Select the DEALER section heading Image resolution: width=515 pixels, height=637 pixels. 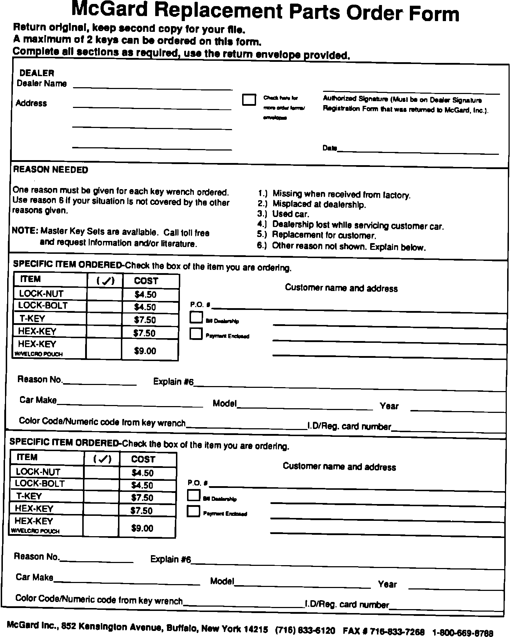(x=37, y=73)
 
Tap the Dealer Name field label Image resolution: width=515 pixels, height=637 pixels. (x=42, y=84)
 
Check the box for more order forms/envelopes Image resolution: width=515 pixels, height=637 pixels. (x=249, y=100)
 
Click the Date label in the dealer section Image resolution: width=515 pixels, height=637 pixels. (x=329, y=148)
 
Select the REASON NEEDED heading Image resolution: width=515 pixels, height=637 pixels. (x=50, y=170)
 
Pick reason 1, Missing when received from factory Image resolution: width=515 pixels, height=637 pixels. (x=341, y=194)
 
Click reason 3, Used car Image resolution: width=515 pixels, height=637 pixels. (x=290, y=214)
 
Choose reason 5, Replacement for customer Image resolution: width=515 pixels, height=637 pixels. (x=324, y=235)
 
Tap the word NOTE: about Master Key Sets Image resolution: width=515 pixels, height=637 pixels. (x=25, y=231)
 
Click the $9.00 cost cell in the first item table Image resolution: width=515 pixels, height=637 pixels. (x=145, y=351)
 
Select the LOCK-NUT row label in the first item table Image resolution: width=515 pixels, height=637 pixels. (x=41, y=294)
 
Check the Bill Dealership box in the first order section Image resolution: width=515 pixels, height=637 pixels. (x=196, y=317)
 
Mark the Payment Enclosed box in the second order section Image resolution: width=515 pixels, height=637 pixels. (x=193, y=512)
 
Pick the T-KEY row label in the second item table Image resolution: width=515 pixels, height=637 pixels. (x=29, y=496)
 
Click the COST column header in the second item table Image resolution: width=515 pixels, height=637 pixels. (x=143, y=459)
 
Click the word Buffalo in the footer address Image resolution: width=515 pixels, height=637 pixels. (x=182, y=628)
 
